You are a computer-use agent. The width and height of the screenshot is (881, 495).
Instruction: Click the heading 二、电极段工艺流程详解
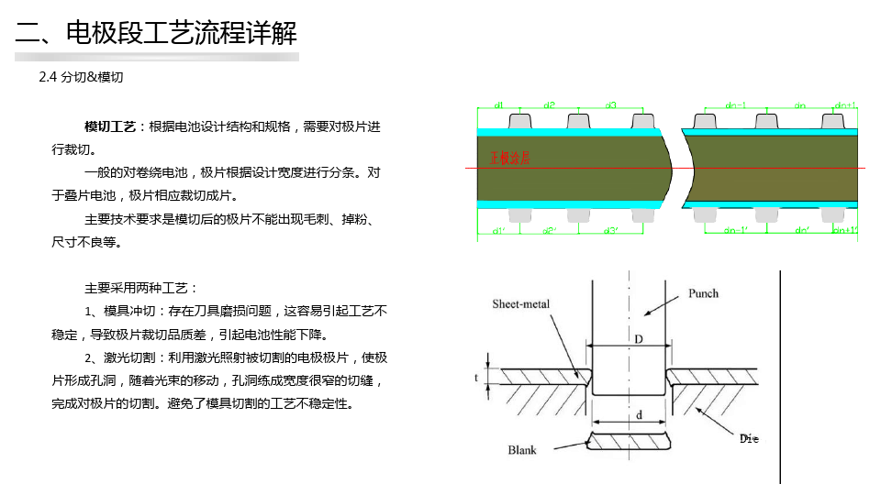click(x=156, y=34)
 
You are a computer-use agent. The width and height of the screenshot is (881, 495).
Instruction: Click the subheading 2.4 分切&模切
click(x=81, y=78)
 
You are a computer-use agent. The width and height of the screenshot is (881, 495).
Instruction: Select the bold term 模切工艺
click(x=110, y=126)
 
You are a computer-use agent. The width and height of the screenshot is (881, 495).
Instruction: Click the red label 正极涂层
click(x=509, y=158)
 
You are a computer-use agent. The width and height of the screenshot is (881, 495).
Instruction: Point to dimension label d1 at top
click(x=498, y=105)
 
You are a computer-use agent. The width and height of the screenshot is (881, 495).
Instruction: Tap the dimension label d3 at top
click(x=611, y=105)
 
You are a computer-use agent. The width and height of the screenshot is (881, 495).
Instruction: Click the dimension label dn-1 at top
click(x=735, y=105)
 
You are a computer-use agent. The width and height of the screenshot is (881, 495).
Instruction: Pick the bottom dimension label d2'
click(x=549, y=231)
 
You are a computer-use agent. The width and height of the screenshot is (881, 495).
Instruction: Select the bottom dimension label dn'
click(x=802, y=231)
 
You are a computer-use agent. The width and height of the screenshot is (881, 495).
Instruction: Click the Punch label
click(x=703, y=293)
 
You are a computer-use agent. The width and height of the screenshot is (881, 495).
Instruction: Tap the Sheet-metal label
click(x=520, y=303)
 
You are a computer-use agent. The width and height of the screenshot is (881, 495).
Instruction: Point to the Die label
click(x=750, y=439)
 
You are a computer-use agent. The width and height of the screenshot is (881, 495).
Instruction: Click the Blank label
click(x=522, y=450)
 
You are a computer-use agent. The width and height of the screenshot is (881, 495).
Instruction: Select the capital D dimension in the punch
click(x=639, y=339)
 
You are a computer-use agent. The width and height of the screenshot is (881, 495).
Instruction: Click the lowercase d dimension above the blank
click(x=639, y=415)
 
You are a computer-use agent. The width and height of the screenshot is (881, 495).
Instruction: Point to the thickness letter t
click(x=476, y=377)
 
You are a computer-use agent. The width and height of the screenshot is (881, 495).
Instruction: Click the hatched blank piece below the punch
click(x=629, y=441)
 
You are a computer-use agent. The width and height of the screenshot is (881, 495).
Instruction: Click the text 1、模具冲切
click(x=126, y=311)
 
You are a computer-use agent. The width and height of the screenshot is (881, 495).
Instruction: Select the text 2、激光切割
click(x=126, y=357)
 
